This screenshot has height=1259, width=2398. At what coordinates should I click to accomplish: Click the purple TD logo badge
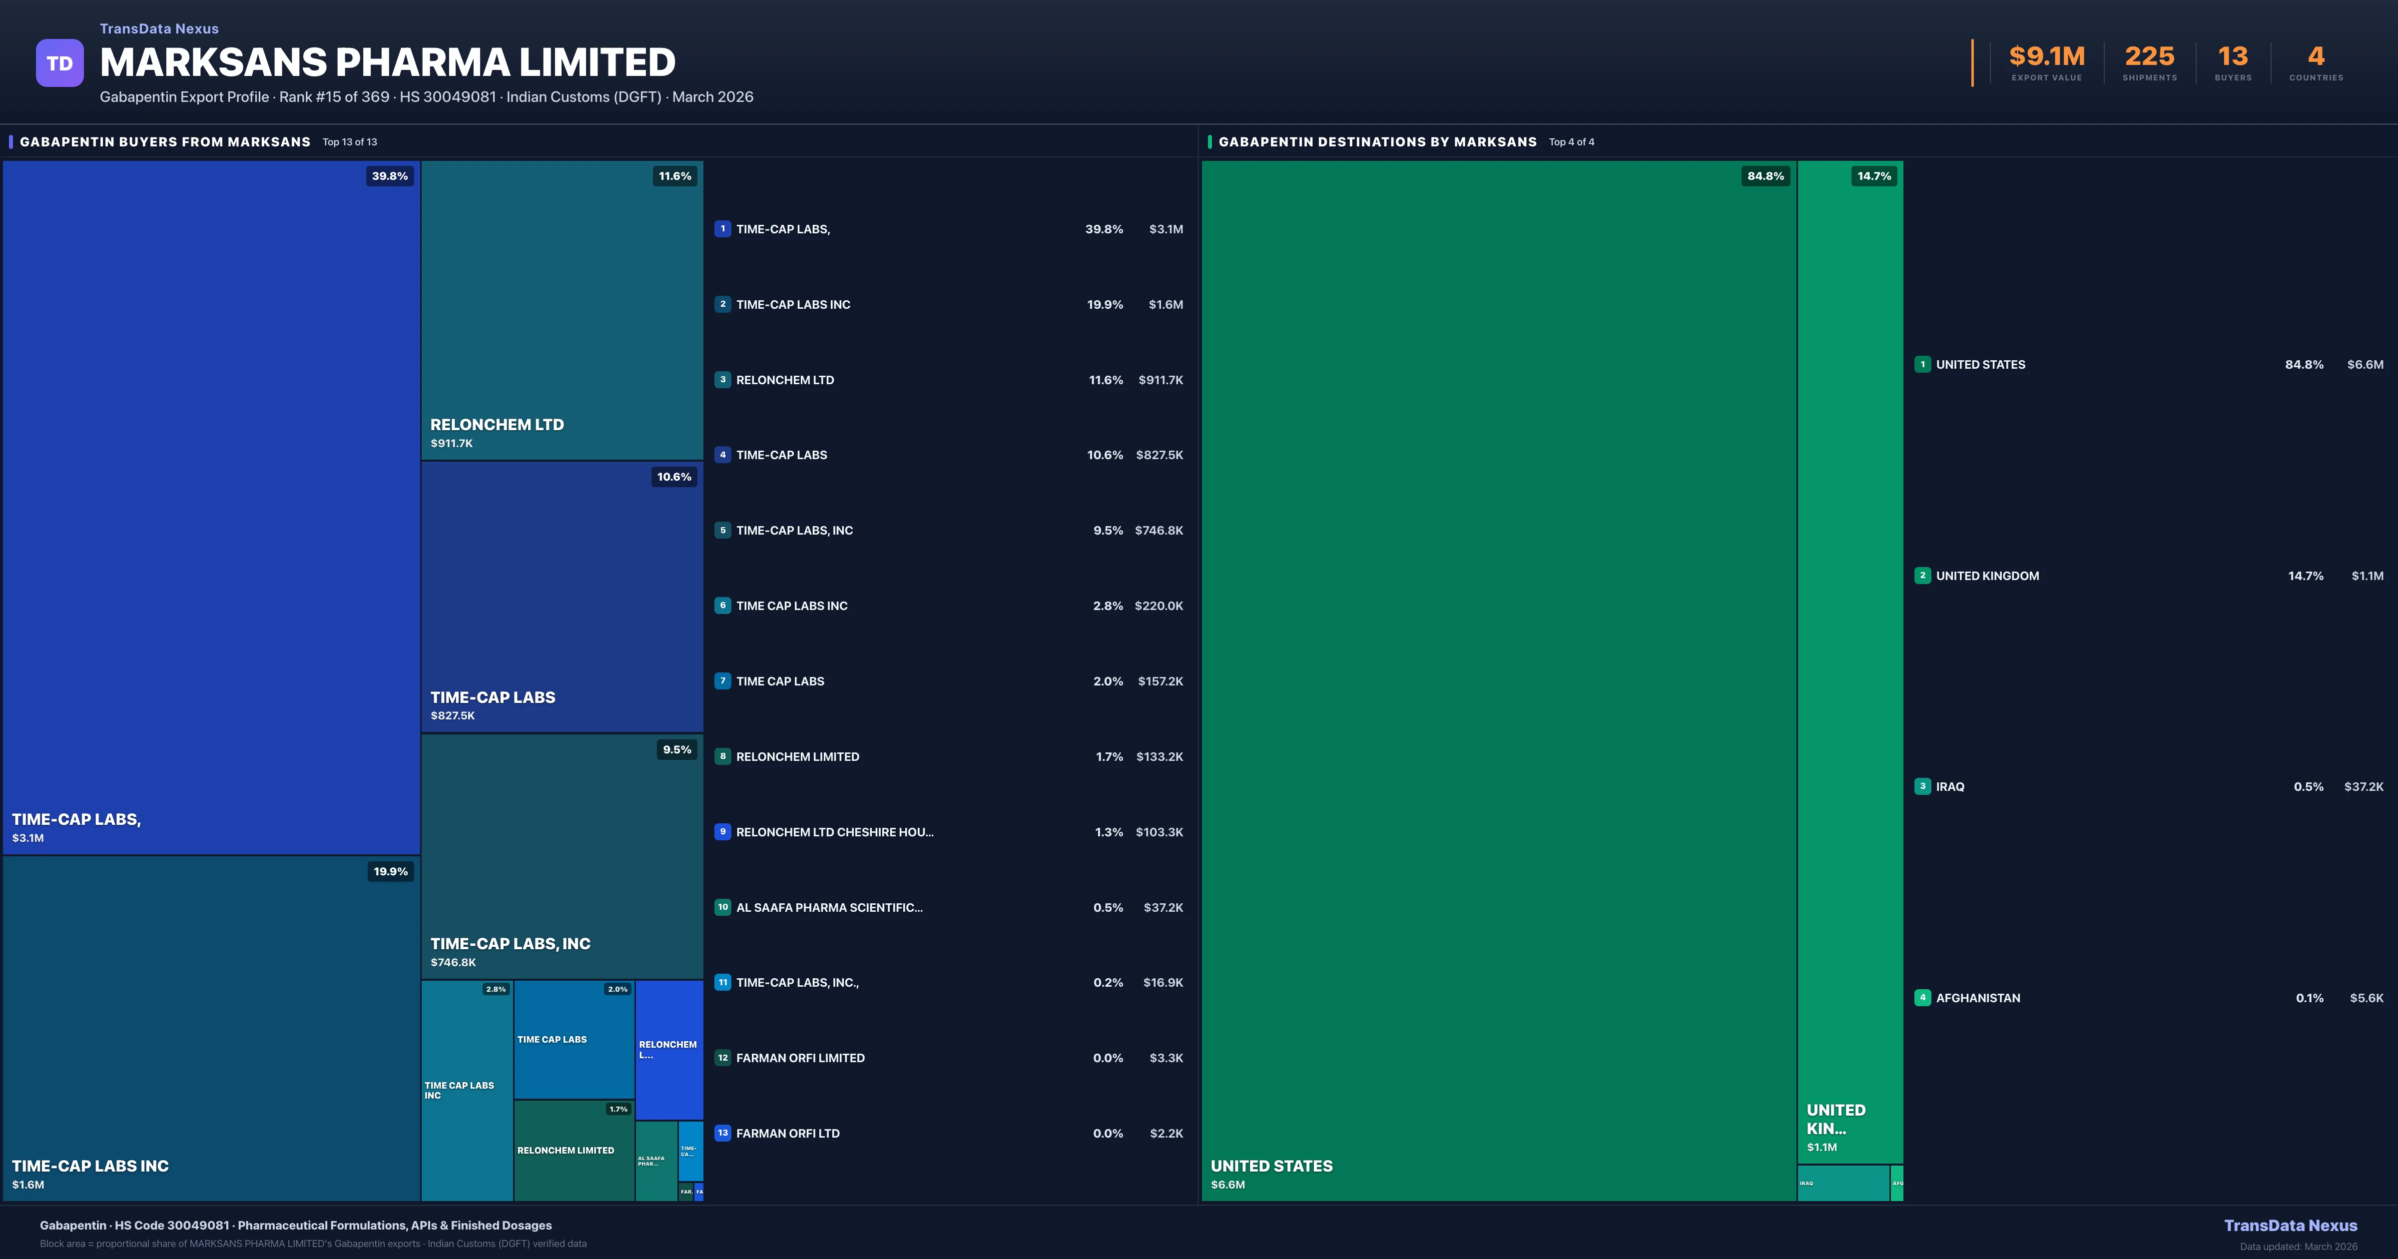click(x=59, y=63)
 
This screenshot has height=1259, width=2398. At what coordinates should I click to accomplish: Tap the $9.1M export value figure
click(x=2046, y=57)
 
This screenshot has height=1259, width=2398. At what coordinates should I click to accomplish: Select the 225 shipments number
click(x=2149, y=57)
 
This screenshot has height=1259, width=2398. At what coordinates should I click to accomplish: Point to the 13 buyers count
click(x=2232, y=57)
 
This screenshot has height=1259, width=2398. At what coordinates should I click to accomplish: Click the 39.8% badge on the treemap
click(x=389, y=176)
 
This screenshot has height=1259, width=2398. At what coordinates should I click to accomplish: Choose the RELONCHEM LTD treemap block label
click(x=497, y=425)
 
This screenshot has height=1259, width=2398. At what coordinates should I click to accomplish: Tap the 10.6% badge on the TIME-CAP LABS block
click(x=674, y=477)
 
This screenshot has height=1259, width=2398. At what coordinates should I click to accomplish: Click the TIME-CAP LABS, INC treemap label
click(x=510, y=943)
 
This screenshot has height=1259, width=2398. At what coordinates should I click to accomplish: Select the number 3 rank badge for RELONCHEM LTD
click(x=722, y=380)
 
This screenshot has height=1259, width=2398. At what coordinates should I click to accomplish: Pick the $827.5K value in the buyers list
click(x=1159, y=455)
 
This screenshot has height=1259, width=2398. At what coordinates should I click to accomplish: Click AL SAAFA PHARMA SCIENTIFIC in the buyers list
click(x=828, y=908)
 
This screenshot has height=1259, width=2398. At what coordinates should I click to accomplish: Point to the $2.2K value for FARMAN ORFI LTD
click(x=1166, y=1133)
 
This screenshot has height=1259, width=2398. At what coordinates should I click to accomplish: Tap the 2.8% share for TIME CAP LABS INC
click(x=1108, y=606)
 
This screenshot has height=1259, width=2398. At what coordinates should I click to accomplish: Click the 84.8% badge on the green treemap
click(x=1765, y=176)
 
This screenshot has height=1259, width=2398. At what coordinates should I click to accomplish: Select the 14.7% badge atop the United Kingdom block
click(x=1874, y=176)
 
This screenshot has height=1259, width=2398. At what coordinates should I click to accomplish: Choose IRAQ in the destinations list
click(x=1950, y=787)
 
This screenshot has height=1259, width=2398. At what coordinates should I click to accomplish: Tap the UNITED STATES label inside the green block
click(x=1271, y=1166)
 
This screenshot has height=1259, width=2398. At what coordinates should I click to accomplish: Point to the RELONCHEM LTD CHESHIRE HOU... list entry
click(x=834, y=832)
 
